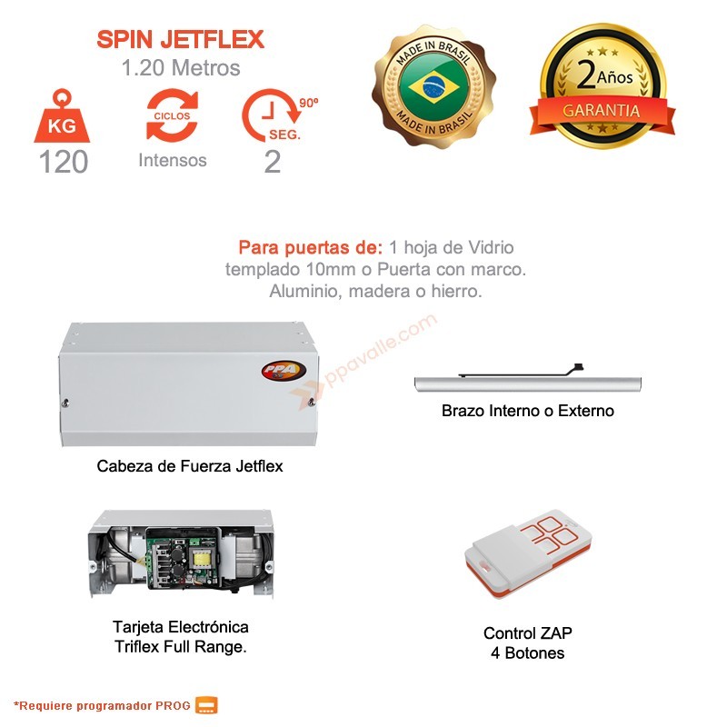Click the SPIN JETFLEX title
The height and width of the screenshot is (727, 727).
pos(180,39)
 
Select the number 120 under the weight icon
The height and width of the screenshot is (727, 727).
pos(63,162)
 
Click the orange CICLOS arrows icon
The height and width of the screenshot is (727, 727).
pos(172,115)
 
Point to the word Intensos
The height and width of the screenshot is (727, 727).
pos(173,161)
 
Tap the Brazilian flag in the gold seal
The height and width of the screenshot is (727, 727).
pos(433,86)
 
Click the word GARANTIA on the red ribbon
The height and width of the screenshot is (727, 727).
pos(602,111)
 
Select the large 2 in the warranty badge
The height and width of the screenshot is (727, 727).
pos(586,75)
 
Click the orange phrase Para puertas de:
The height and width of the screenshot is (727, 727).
pos(311,247)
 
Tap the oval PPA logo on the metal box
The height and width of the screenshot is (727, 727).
pos(284,371)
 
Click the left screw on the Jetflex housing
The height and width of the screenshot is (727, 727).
pos(65,403)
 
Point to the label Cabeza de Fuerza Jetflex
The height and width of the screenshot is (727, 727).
pos(190,466)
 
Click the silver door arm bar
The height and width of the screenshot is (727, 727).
pos(528,384)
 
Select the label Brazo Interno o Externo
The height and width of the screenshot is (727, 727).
pos(528,411)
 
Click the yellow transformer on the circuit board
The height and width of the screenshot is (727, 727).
pos(201,558)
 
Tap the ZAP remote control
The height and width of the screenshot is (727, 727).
pos(528,553)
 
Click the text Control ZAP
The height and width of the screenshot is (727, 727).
pos(528,632)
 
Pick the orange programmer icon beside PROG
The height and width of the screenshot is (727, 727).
pos(206,705)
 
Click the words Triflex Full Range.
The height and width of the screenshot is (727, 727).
pos(180,646)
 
